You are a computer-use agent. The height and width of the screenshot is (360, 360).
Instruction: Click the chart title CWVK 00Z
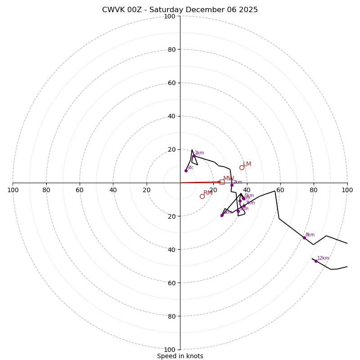pyautogui.click(x=180, y=10)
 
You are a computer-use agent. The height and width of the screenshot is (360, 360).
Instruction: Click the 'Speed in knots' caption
pyautogui.click(x=180, y=356)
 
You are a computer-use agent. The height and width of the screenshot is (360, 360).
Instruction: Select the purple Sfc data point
pyautogui.click(x=186, y=171)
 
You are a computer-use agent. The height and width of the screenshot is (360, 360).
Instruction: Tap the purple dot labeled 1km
pyautogui.click(x=194, y=156)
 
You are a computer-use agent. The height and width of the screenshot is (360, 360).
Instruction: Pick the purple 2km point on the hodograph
pyautogui.click(x=232, y=185)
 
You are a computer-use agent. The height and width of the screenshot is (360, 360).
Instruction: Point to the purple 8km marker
pyautogui.click(x=304, y=238)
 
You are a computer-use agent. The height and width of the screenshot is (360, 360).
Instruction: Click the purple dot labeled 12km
pyautogui.click(x=316, y=261)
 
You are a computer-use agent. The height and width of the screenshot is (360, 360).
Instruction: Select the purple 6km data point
pyautogui.click(x=222, y=215)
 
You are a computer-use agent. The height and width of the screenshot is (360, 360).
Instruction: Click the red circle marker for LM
pyautogui.click(x=242, y=167)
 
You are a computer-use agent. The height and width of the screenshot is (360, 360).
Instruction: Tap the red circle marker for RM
pyautogui.click(x=202, y=196)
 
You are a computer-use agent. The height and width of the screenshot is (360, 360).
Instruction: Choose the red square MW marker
pyautogui.click(x=222, y=182)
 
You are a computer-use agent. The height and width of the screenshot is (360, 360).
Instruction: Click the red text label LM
pyautogui.click(x=247, y=164)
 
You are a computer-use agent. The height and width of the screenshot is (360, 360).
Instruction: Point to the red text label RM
pyautogui.click(x=208, y=193)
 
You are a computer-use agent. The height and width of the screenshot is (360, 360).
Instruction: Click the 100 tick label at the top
pyautogui.click(x=170, y=16)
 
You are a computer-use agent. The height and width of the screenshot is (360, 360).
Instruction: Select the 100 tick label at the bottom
pyautogui.click(x=170, y=350)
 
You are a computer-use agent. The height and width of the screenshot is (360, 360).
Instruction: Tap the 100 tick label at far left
pyautogui.click(x=13, y=190)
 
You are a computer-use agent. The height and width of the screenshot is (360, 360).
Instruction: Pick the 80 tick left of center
pyautogui.click(x=46, y=190)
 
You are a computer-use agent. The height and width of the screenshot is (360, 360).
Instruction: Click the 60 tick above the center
pyautogui.click(x=171, y=83)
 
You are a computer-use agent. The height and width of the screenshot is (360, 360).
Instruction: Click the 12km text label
pyautogui.click(x=323, y=258)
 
